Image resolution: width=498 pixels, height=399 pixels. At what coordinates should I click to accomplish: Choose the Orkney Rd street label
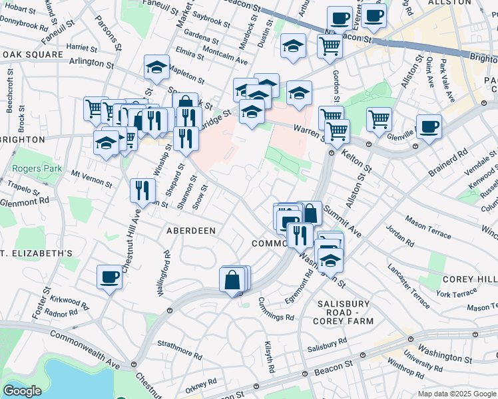[201, 384]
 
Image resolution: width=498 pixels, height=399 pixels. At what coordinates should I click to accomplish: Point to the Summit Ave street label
[342, 221]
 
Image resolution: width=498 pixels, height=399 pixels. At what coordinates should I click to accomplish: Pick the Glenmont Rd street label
[25, 199]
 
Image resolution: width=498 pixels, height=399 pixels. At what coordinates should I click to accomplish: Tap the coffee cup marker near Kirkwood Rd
[109, 277]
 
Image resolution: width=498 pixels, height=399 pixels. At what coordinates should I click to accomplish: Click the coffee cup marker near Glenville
[429, 126]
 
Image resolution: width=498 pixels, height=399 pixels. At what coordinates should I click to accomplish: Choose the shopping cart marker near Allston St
[379, 120]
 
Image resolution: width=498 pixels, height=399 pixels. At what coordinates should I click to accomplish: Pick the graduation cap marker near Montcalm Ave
[293, 45]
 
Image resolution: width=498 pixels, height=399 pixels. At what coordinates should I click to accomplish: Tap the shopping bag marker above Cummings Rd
[233, 281]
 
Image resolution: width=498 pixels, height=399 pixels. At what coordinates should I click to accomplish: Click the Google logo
[23, 391]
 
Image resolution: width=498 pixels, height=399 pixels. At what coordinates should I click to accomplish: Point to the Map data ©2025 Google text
[457, 394]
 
